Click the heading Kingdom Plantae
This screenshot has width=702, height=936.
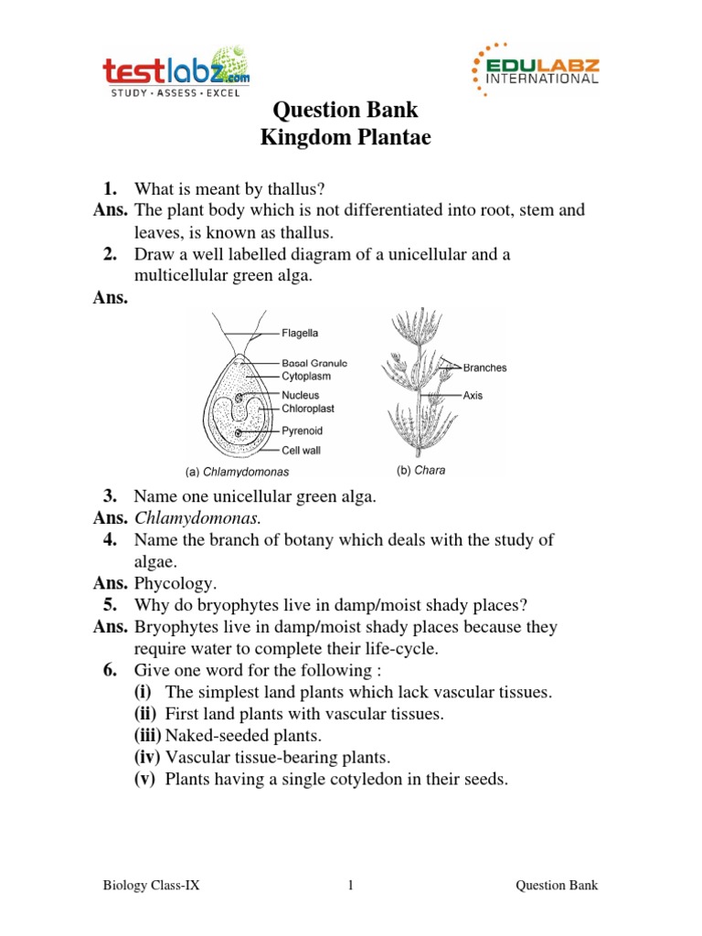346,138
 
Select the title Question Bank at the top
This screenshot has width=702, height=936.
346,111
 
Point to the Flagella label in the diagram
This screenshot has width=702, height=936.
300,334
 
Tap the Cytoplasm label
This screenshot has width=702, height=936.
306,376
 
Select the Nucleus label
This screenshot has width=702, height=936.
301,395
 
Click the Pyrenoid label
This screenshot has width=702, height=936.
302,431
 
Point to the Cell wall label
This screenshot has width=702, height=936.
301,450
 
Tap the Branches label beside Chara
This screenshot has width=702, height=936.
484,367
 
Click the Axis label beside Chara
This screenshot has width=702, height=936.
473,396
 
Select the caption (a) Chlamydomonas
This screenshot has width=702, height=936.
238,473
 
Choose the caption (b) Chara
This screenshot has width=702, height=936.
420,472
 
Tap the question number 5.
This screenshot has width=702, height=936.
110,605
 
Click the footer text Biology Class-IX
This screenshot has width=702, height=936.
149,886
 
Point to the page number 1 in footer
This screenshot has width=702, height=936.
350,886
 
